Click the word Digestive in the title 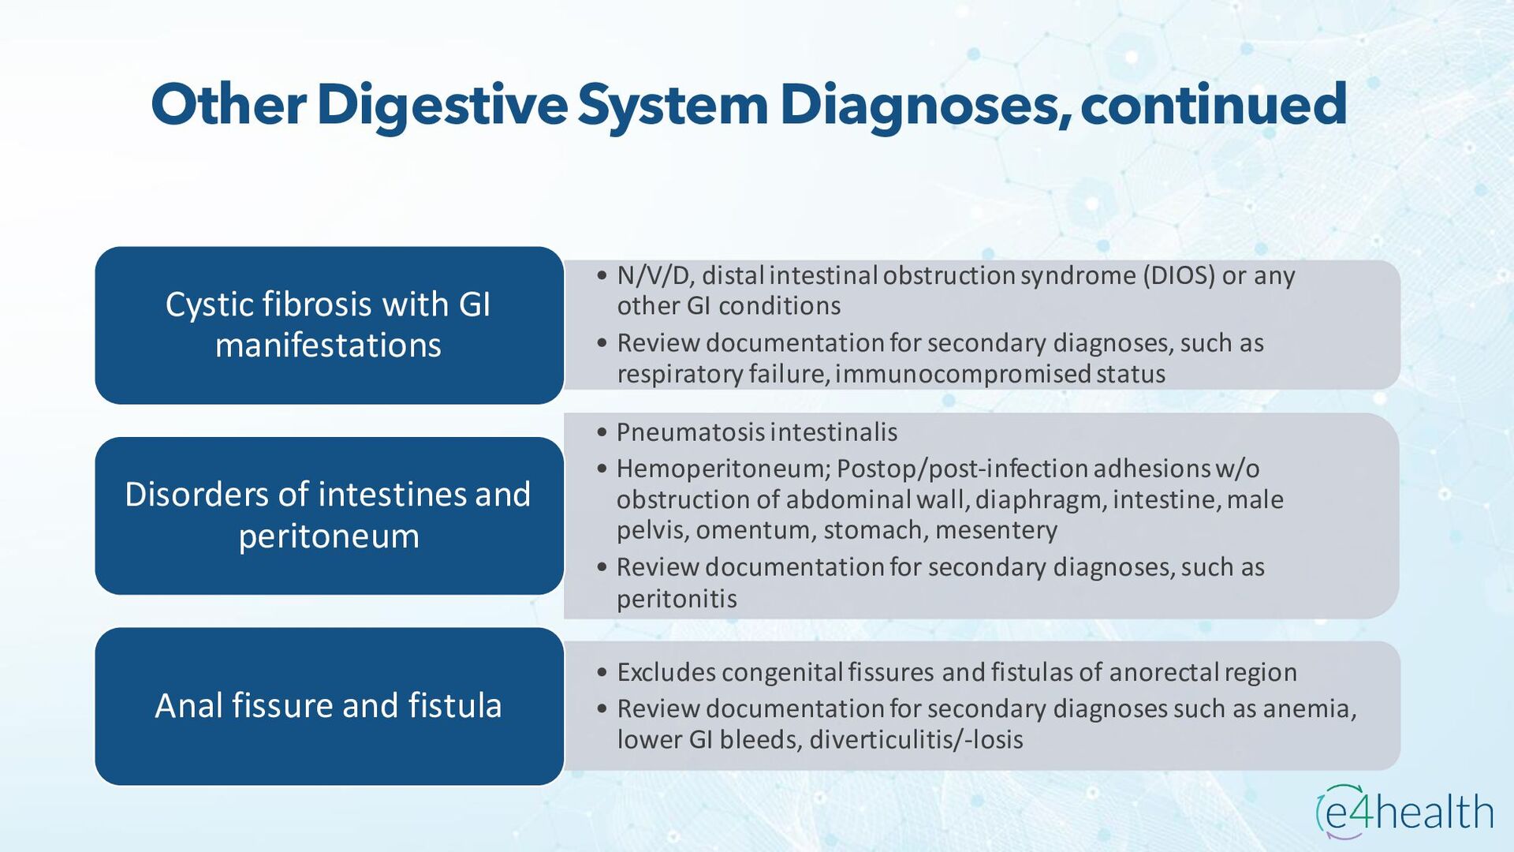[x=442, y=105]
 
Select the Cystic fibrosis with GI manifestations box [x=329, y=325]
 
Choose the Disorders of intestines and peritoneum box [x=329, y=515]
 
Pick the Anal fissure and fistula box [x=329, y=706]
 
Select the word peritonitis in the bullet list [x=677, y=599]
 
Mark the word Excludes [x=666, y=672]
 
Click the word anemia [x=1309, y=708]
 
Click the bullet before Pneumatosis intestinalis [x=602, y=432]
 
